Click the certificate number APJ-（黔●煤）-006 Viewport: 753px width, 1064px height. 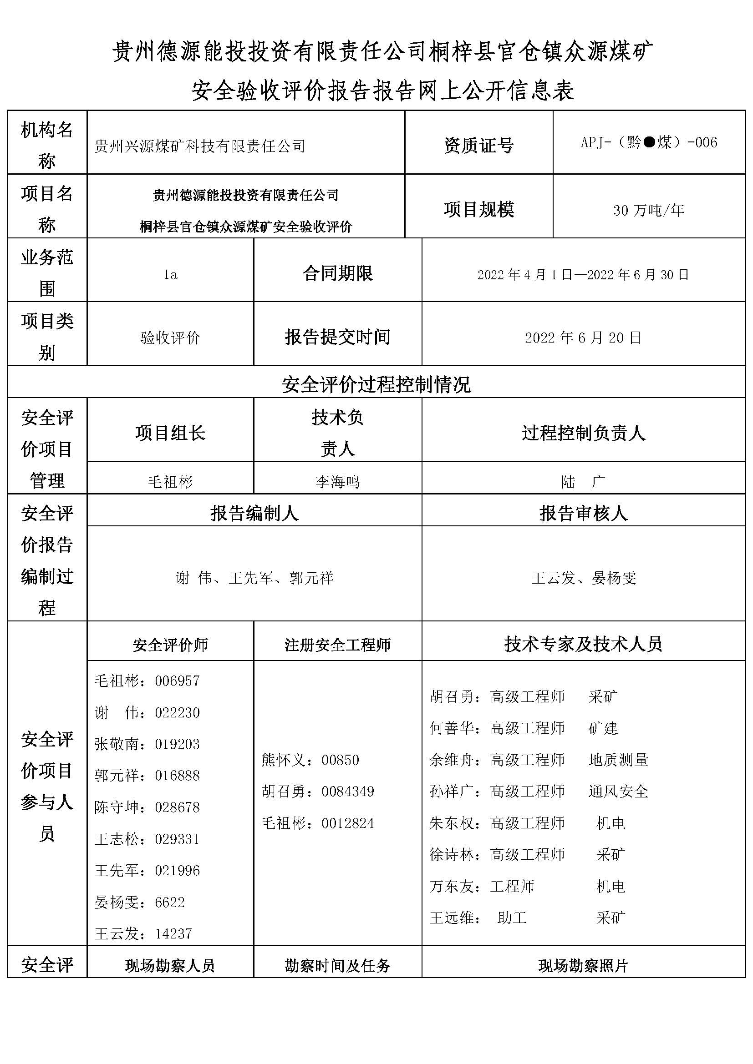[x=649, y=142]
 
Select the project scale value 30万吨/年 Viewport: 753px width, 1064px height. [x=649, y=211]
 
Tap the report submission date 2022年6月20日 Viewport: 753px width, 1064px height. [x=583, y=338]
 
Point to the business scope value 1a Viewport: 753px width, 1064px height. [x=170, y=275]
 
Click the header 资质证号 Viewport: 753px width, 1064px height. [x=478, y=146]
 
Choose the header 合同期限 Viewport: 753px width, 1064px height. [x=337, y=273]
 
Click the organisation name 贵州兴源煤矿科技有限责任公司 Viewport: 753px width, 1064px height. [x=200, y=146]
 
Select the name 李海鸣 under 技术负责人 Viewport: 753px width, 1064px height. [x=337, y=482]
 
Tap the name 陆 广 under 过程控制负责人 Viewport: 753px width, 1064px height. [x=583, y=482]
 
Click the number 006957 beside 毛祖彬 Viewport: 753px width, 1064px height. [x=177, y=681]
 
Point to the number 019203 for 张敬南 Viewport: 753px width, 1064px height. [x=177, y=744]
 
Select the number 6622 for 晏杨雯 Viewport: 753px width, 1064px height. [x=170, y=902]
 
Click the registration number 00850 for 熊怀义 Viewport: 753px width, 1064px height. [x=341, y=760]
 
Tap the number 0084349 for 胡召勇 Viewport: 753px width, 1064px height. [x=348, y=792]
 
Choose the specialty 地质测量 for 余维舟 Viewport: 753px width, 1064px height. [x=618, y=760]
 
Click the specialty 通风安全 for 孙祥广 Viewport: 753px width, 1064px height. [x=618, y=792]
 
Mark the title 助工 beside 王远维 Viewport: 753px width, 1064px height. [x=512, y=918]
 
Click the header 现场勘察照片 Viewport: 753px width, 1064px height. [x=583, y=966]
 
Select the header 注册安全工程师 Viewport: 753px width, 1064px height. [x=337, y=645]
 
